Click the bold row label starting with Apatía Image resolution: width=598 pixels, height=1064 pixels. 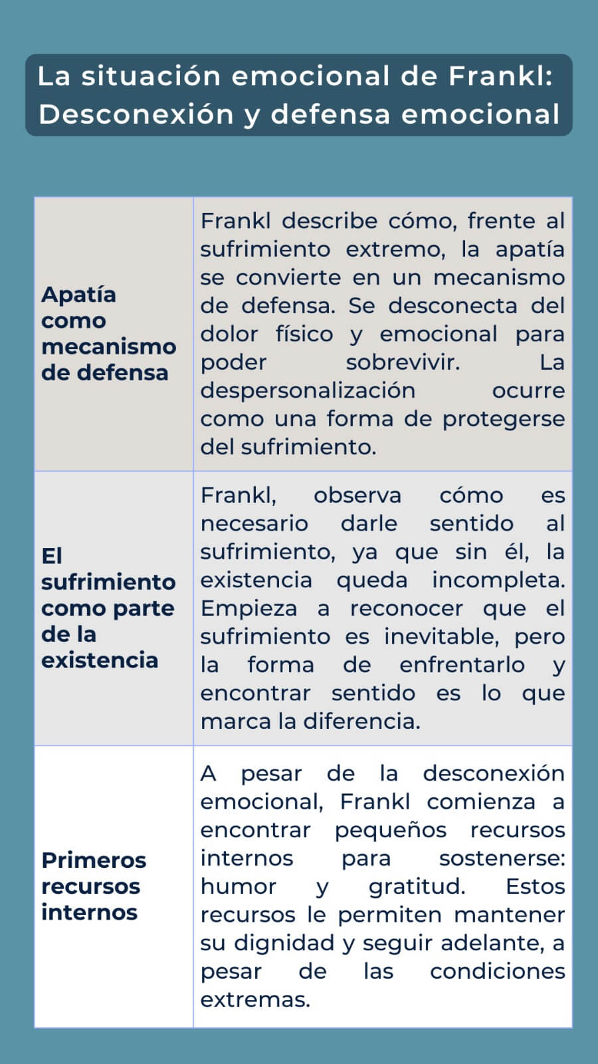(108, 333)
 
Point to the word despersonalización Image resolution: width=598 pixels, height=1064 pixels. (308, 390)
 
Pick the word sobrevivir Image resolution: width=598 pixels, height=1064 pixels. (402, 362)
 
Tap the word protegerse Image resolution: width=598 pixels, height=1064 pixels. (504, 419)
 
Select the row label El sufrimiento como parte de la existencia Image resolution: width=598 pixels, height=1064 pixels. (108, 608)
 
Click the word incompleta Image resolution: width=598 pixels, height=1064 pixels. (498, 580)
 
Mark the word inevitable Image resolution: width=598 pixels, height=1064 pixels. (441, 636)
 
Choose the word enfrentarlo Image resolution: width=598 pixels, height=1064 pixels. (462, 665)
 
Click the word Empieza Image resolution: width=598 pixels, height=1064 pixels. (249, 608)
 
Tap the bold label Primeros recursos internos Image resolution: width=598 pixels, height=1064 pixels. (93, 886)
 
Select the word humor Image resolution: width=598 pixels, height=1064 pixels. (238, 886)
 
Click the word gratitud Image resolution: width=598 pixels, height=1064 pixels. (417, 886)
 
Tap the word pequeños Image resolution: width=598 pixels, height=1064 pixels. (391, 830)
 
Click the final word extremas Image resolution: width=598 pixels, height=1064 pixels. (255, 999)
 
